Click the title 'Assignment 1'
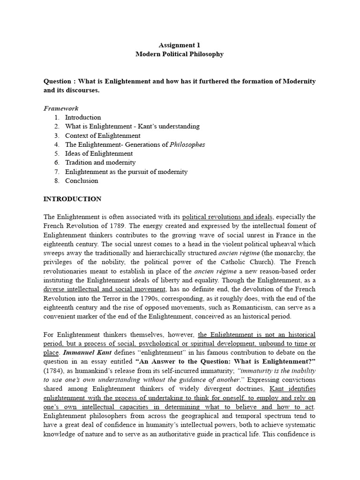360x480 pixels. [180, 45]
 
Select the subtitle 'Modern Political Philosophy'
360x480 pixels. [180, 54]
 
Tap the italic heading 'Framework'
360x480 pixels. [61, 108]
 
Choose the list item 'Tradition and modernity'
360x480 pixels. [100, 163]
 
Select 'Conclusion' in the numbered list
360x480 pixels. [82, 180]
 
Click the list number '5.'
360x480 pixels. [57, 154]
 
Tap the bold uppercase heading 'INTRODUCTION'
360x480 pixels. [72, 199]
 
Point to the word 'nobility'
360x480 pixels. [120, 262]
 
